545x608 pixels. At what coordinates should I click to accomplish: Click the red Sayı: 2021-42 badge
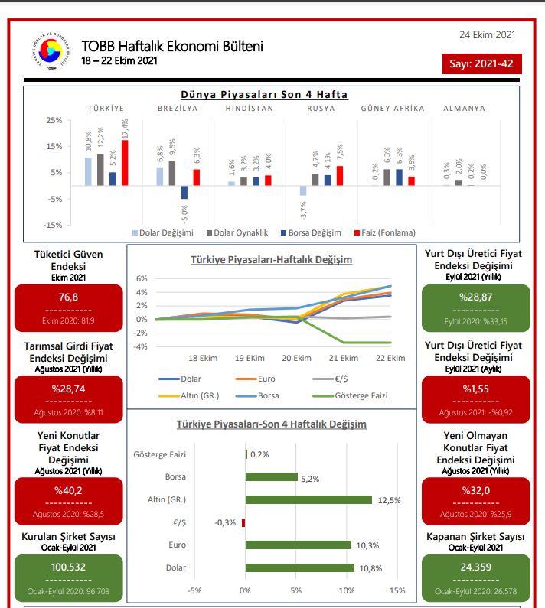pos(481,63)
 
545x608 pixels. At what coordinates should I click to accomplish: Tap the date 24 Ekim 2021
pos(487,34)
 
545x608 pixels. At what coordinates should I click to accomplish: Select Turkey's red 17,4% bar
pos(124,162)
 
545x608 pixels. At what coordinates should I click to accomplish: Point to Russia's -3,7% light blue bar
pos(303,190)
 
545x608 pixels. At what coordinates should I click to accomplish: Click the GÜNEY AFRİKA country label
pos(392,109)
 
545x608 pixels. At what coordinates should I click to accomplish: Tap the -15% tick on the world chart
pos(54,225)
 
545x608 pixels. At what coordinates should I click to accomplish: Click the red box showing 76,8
pos(68,305)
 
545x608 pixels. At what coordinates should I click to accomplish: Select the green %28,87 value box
pos(476,305)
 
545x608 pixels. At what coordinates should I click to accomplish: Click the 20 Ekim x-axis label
pos(296,358)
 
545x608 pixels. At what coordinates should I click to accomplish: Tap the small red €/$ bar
pos(243,522)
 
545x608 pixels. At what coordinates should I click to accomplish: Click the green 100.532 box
pos(68,576)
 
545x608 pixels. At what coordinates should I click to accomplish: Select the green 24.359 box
pos(476,576)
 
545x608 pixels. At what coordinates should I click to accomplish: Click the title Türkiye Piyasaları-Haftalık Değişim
pos(271,260)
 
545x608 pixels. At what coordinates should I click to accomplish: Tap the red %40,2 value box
pos(68,499)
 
